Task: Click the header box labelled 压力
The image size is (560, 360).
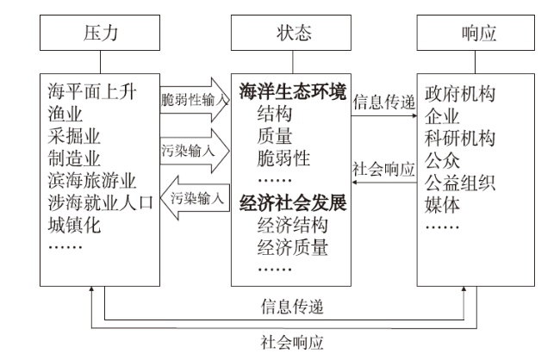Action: click(100, 33)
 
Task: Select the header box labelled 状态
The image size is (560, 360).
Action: click(291, 33)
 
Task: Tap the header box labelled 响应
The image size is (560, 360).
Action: click(476, 33)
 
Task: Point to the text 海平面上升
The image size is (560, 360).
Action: click(92, 92)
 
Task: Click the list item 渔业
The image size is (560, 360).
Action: click(65, 114)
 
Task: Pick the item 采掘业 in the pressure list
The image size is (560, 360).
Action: click(74, 136)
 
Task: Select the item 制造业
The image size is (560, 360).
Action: click(74, 158)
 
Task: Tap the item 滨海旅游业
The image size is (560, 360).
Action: click(92, 181)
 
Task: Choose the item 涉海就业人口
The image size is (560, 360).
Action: click(100, 203)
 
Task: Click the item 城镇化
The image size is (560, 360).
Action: click(74, 225)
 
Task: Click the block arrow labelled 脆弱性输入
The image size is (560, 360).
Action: click(195, 100)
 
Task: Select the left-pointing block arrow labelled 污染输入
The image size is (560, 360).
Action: click(195, 197)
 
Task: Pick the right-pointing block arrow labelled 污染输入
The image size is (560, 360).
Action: click(195, 151)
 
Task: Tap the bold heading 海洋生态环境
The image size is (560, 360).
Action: click(293, 91)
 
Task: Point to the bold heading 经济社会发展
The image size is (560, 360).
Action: click(293, 203)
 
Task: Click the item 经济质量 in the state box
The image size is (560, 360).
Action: click(293, 247)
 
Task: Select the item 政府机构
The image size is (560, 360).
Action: click(460, 94)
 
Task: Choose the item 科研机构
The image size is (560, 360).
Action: click(460, 138)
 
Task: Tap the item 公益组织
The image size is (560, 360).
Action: click(460, 183)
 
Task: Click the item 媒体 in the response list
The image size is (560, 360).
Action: click(442, 205)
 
